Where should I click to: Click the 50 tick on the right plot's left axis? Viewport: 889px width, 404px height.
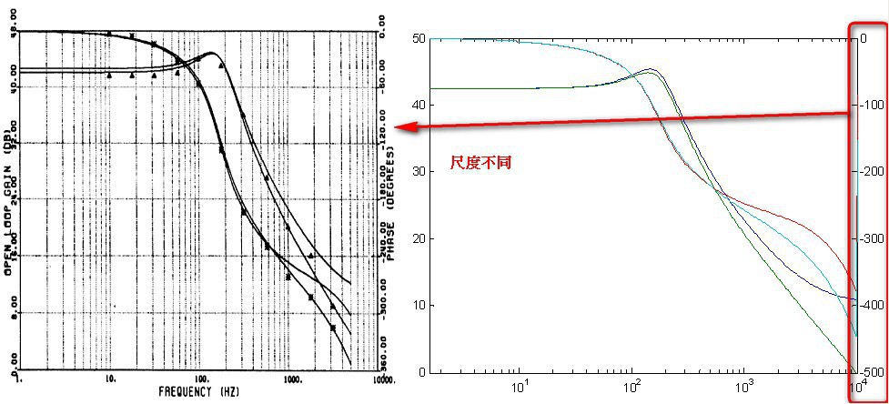click(x=419, y=38)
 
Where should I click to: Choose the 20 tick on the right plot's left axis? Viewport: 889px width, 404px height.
click(x=419, y=238)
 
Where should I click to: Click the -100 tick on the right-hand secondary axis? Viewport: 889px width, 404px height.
click(x=869, y=105)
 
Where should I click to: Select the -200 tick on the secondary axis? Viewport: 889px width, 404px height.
click(x=869, y=171)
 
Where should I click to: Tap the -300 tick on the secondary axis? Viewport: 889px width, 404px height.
click(x=869, y=238)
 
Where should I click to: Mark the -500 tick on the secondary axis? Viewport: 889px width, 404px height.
click(x=869, y=371)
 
